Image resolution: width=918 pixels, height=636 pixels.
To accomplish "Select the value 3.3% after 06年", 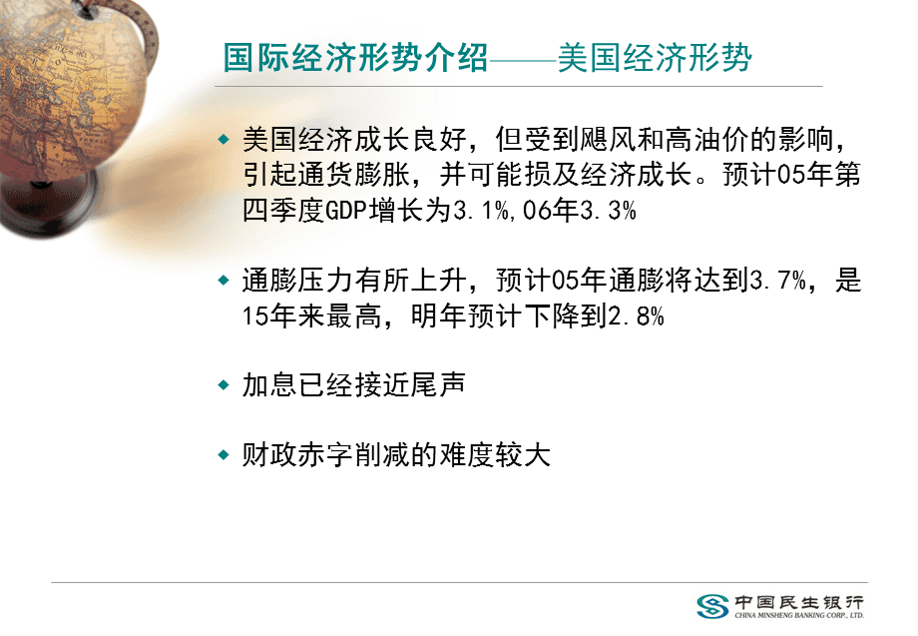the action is coord(609,211).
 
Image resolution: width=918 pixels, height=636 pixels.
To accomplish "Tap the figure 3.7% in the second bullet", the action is coord(778,281).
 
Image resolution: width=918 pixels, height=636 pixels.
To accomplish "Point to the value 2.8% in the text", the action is coord(637,317).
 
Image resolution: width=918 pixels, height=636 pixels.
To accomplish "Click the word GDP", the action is coord(346,211).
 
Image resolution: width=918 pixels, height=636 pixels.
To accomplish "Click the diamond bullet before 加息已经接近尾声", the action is coord(224,385).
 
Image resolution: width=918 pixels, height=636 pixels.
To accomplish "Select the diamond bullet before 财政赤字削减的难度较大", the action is coord(224,455).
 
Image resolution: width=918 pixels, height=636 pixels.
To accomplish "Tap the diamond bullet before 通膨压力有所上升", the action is coord(224,281).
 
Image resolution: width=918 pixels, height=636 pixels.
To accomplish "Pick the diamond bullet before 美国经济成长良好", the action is coord(224,140).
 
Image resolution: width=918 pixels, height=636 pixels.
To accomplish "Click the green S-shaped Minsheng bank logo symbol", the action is coord(712,606).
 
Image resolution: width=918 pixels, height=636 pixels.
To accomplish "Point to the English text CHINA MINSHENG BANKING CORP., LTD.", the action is coord(799,615).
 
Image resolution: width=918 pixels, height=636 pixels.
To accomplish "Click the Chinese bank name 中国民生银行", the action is coord(799,602).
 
